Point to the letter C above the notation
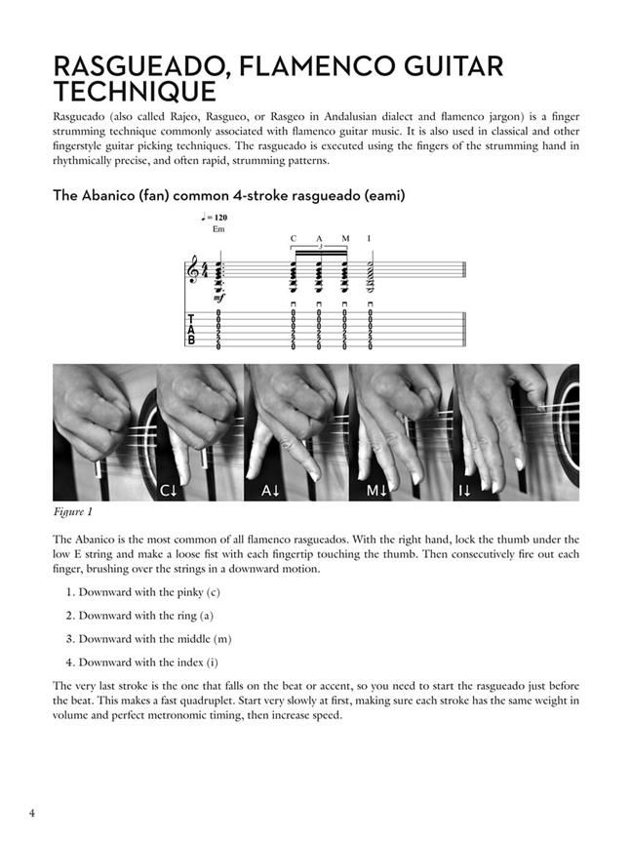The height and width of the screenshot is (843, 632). [293, 238]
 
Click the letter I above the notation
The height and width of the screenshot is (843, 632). [369, 238]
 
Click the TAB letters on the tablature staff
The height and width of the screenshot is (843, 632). [190, 330]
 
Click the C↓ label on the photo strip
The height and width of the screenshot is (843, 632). [168, 492]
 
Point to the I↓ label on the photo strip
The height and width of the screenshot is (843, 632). [465, 492]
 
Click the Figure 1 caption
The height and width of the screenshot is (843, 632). [77, 512]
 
